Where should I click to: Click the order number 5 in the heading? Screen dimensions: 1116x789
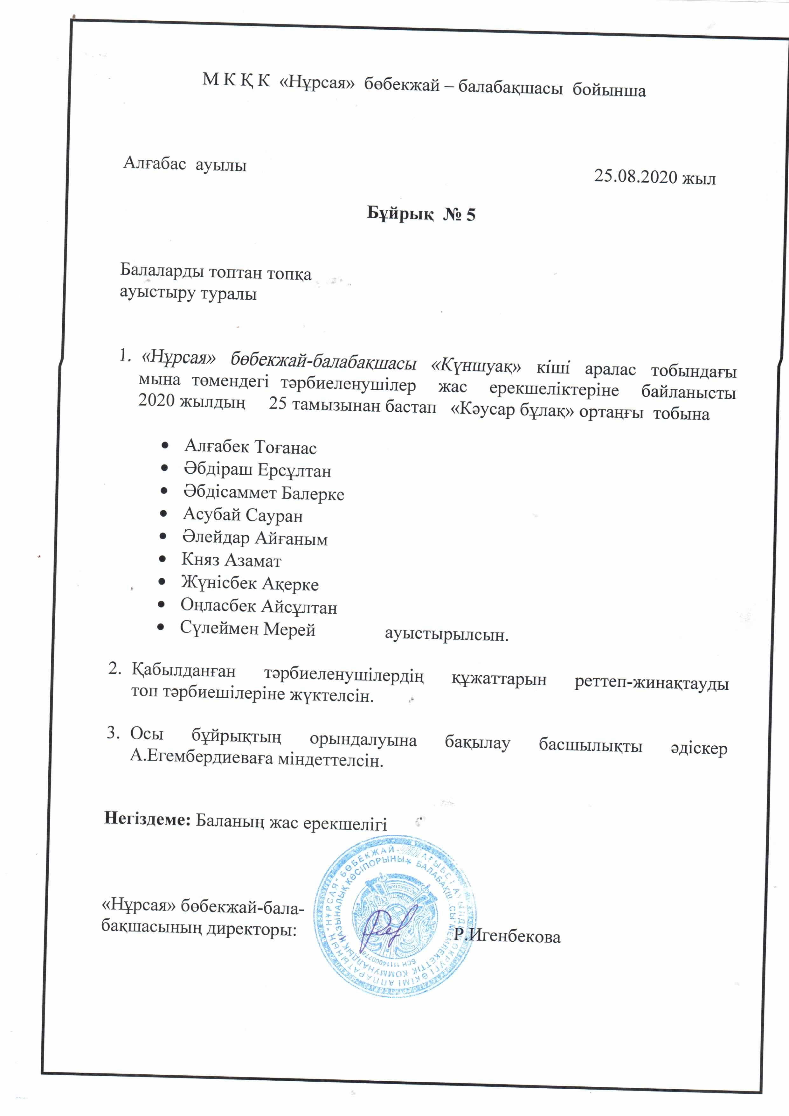(x=470, y=214)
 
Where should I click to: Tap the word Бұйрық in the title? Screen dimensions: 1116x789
(x=400, y=213)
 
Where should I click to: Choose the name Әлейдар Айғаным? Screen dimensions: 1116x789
(x=255, y=538)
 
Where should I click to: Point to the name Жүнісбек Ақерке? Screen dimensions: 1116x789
(x=250, y=583)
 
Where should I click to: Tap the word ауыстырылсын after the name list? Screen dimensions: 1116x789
(x=446, y=635)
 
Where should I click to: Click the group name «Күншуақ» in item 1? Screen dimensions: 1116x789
(x=476, y=366)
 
